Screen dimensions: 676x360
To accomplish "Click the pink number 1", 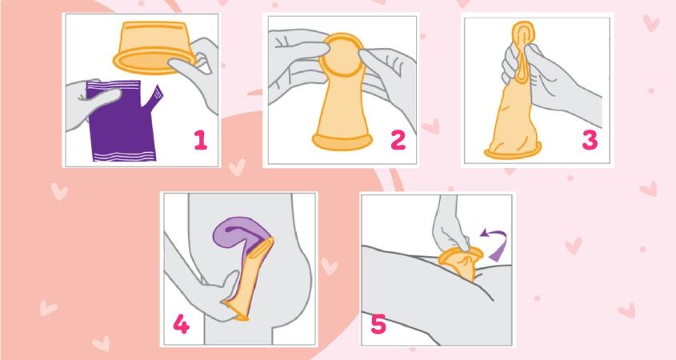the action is tap(201, 140).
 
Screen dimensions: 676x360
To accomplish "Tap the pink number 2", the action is tap(398, 140).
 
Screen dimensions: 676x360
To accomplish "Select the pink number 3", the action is tap(590, 140).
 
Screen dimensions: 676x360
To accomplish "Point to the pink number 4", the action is tap(181, 323).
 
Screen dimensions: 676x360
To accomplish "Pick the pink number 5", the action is tap(378, 324).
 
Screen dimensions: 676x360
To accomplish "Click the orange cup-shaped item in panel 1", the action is tap(153, 47).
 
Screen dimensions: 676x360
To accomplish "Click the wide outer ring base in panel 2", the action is tap(342, 142).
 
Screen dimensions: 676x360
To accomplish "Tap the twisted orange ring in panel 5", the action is tap(459, 260).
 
